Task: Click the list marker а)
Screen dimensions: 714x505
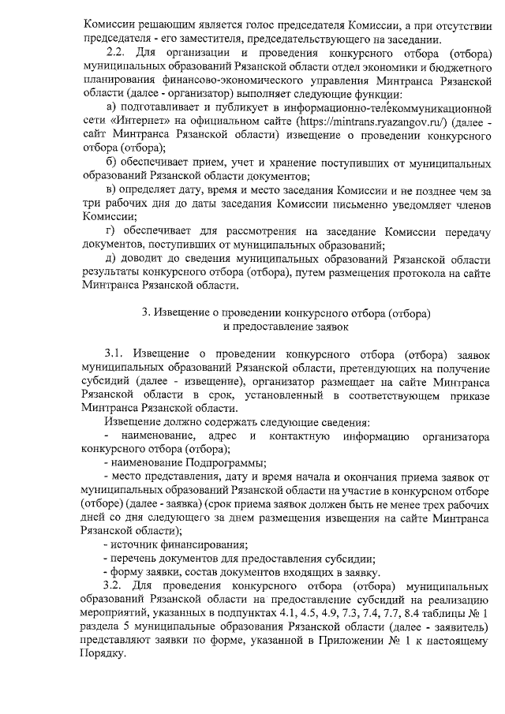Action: [110, 107]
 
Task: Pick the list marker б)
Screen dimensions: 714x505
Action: [110, 163]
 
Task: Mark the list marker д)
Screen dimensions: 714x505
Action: [110, 258]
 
